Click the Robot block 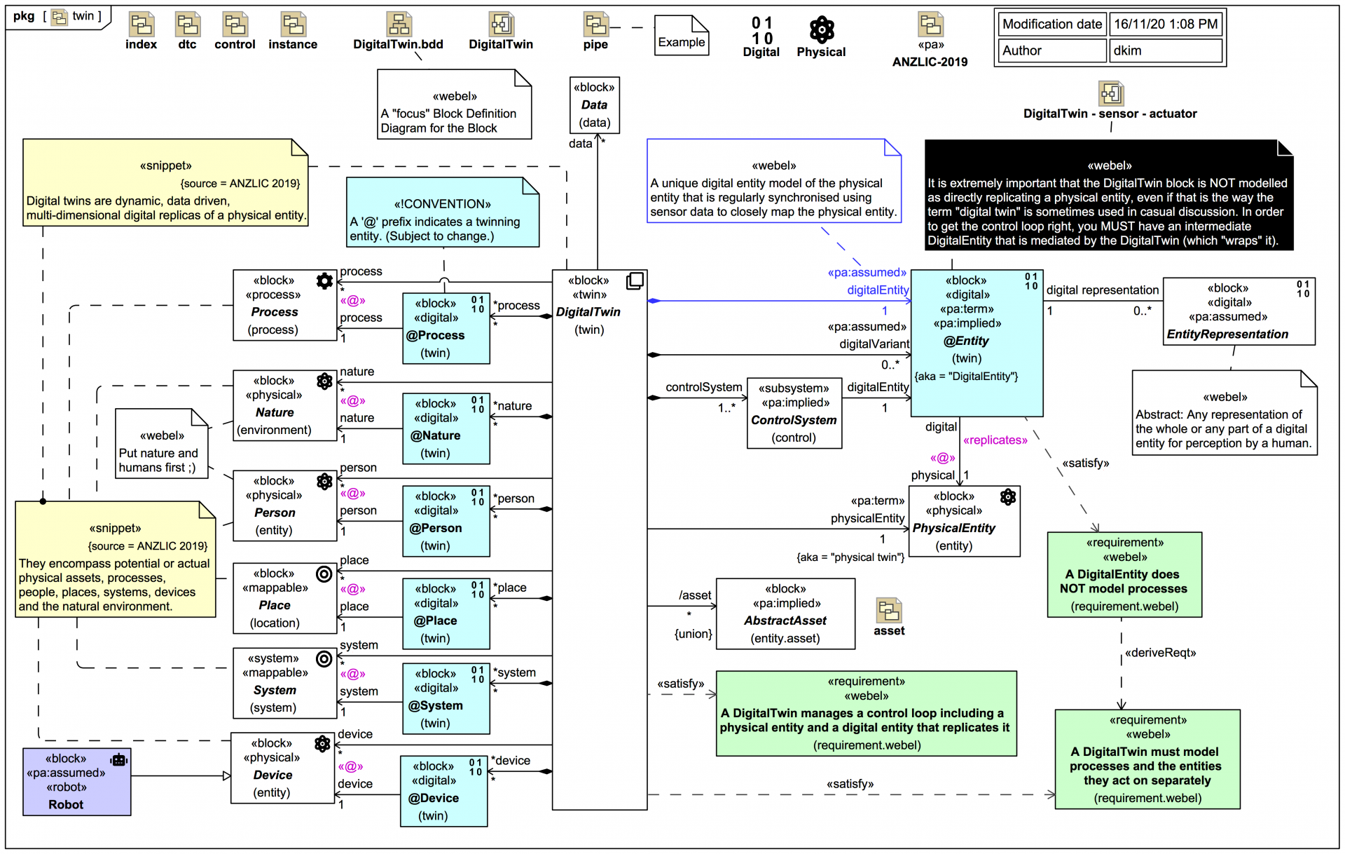(x=76, y=781)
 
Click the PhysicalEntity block (x=965, y=521)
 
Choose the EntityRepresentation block (x=1238, y=311)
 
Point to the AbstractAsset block (x=785, y=614)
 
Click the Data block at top (x=594, y=105)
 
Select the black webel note (x=1108, y=195)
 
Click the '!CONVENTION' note (x=442, y=212)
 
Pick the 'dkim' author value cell (x=1165, y=50)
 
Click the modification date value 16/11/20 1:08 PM (x=1165, y=24)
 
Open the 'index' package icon (x=142, y=25)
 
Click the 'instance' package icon (x=293, y=25)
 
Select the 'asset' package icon (x=888, y=611)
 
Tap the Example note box (x=681, y=36)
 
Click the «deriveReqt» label (x=1160, y=653)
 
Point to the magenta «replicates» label (x=995, y=440)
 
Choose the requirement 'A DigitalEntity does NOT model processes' (x=1124, y=575)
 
